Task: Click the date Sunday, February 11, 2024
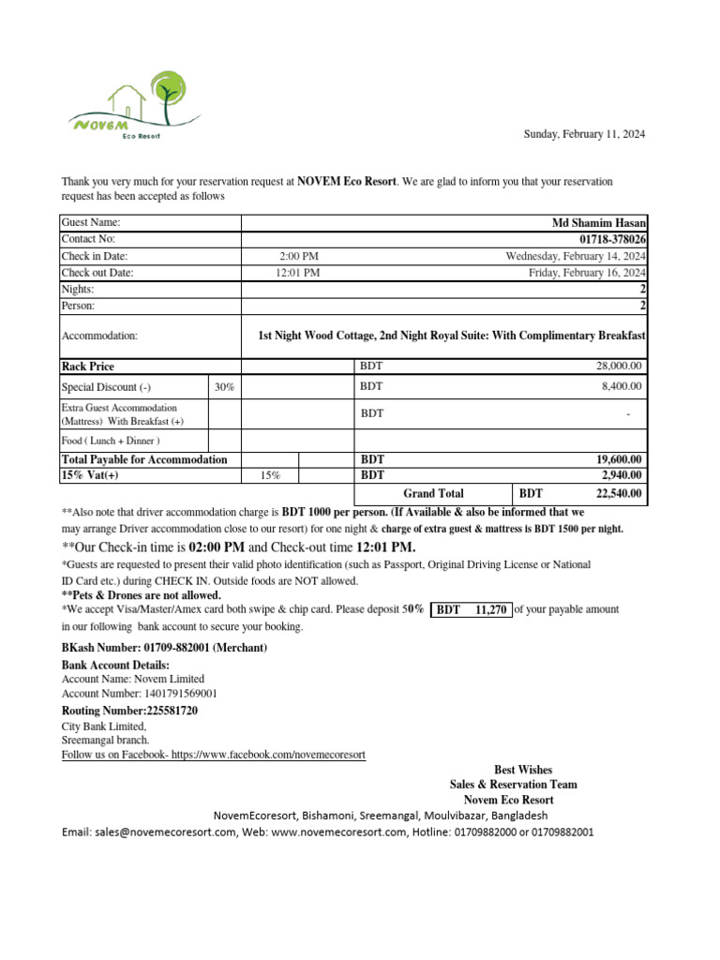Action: [583, 135]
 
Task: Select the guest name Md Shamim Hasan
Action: [599, 223]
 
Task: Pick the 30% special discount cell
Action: [224, 386]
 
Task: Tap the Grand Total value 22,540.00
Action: [618, 493]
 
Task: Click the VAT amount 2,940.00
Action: [620, 475]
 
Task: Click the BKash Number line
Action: [164, 649]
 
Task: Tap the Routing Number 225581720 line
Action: [129, 711]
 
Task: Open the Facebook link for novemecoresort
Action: [213, 754]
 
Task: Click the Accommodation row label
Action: [99, 336]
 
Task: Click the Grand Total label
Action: [433, 493]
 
